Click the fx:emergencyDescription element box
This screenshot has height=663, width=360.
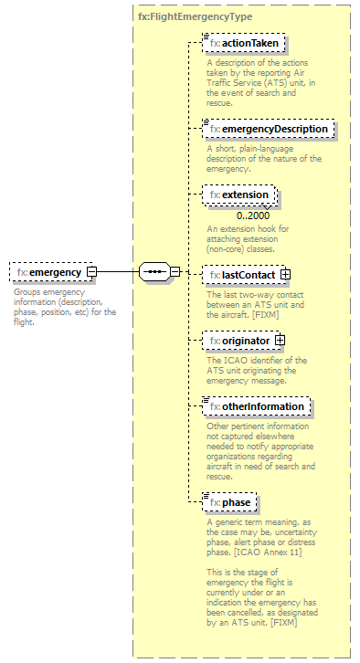click(268, 129)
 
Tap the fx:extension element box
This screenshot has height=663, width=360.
click(239, 195)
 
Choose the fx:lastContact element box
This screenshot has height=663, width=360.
click(240, 274)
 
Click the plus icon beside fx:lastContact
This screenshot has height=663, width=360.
click(286, 274)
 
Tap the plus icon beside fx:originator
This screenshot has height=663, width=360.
click(280, 341)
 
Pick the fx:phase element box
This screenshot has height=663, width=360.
click(230, 501)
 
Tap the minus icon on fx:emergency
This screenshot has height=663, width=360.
click(91, 272)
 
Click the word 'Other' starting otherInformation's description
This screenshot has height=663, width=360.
click(217, 426)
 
